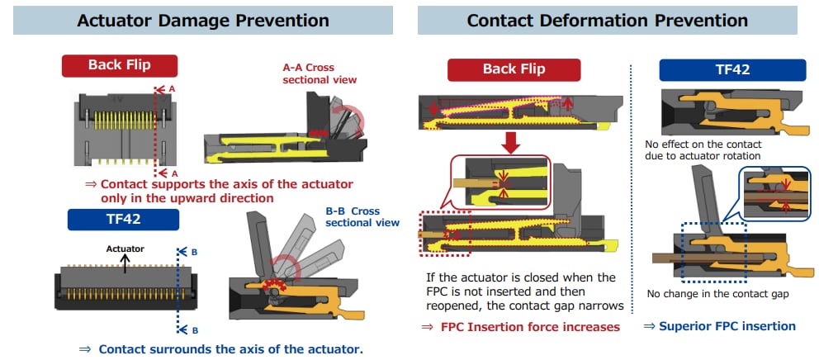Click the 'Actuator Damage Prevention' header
tap(202, 21)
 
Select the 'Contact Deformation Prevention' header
tap(607, 21)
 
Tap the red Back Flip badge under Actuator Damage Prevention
tap(120, 65)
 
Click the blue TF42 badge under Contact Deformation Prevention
tap(732, 69)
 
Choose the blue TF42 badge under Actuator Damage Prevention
tap(123, 219)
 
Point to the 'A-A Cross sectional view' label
tap(320, 73)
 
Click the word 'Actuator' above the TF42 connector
tap(125, 248)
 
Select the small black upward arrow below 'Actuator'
tap(125, 262)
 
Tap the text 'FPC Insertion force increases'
tap(528, 327)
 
